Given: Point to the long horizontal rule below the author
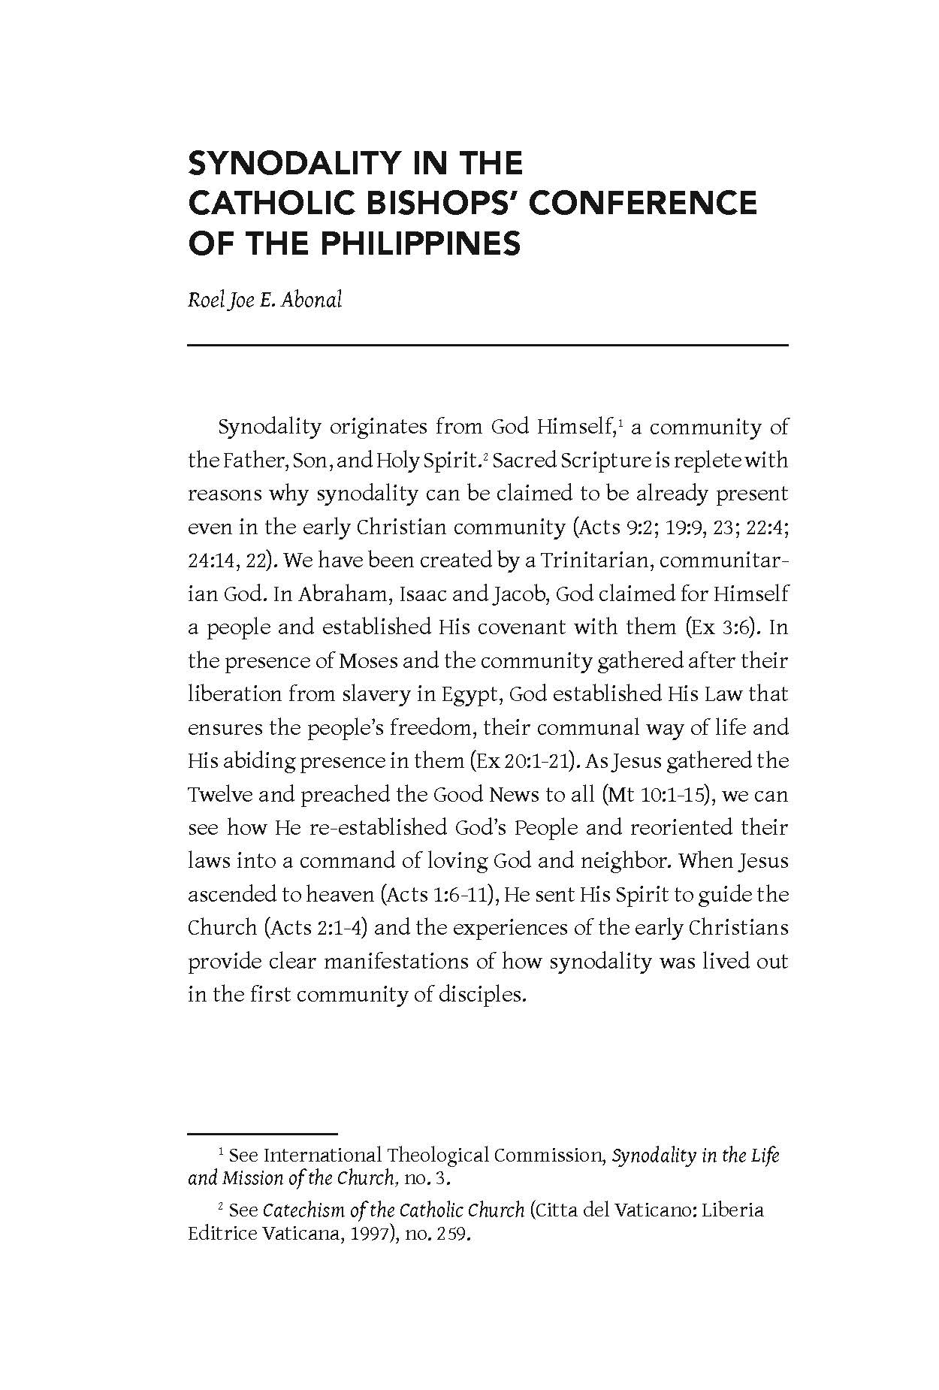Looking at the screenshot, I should click(x=488, y=345).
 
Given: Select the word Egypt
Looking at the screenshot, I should click(x=469, y=693).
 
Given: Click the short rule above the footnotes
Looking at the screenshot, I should click(x=262, y=1132).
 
